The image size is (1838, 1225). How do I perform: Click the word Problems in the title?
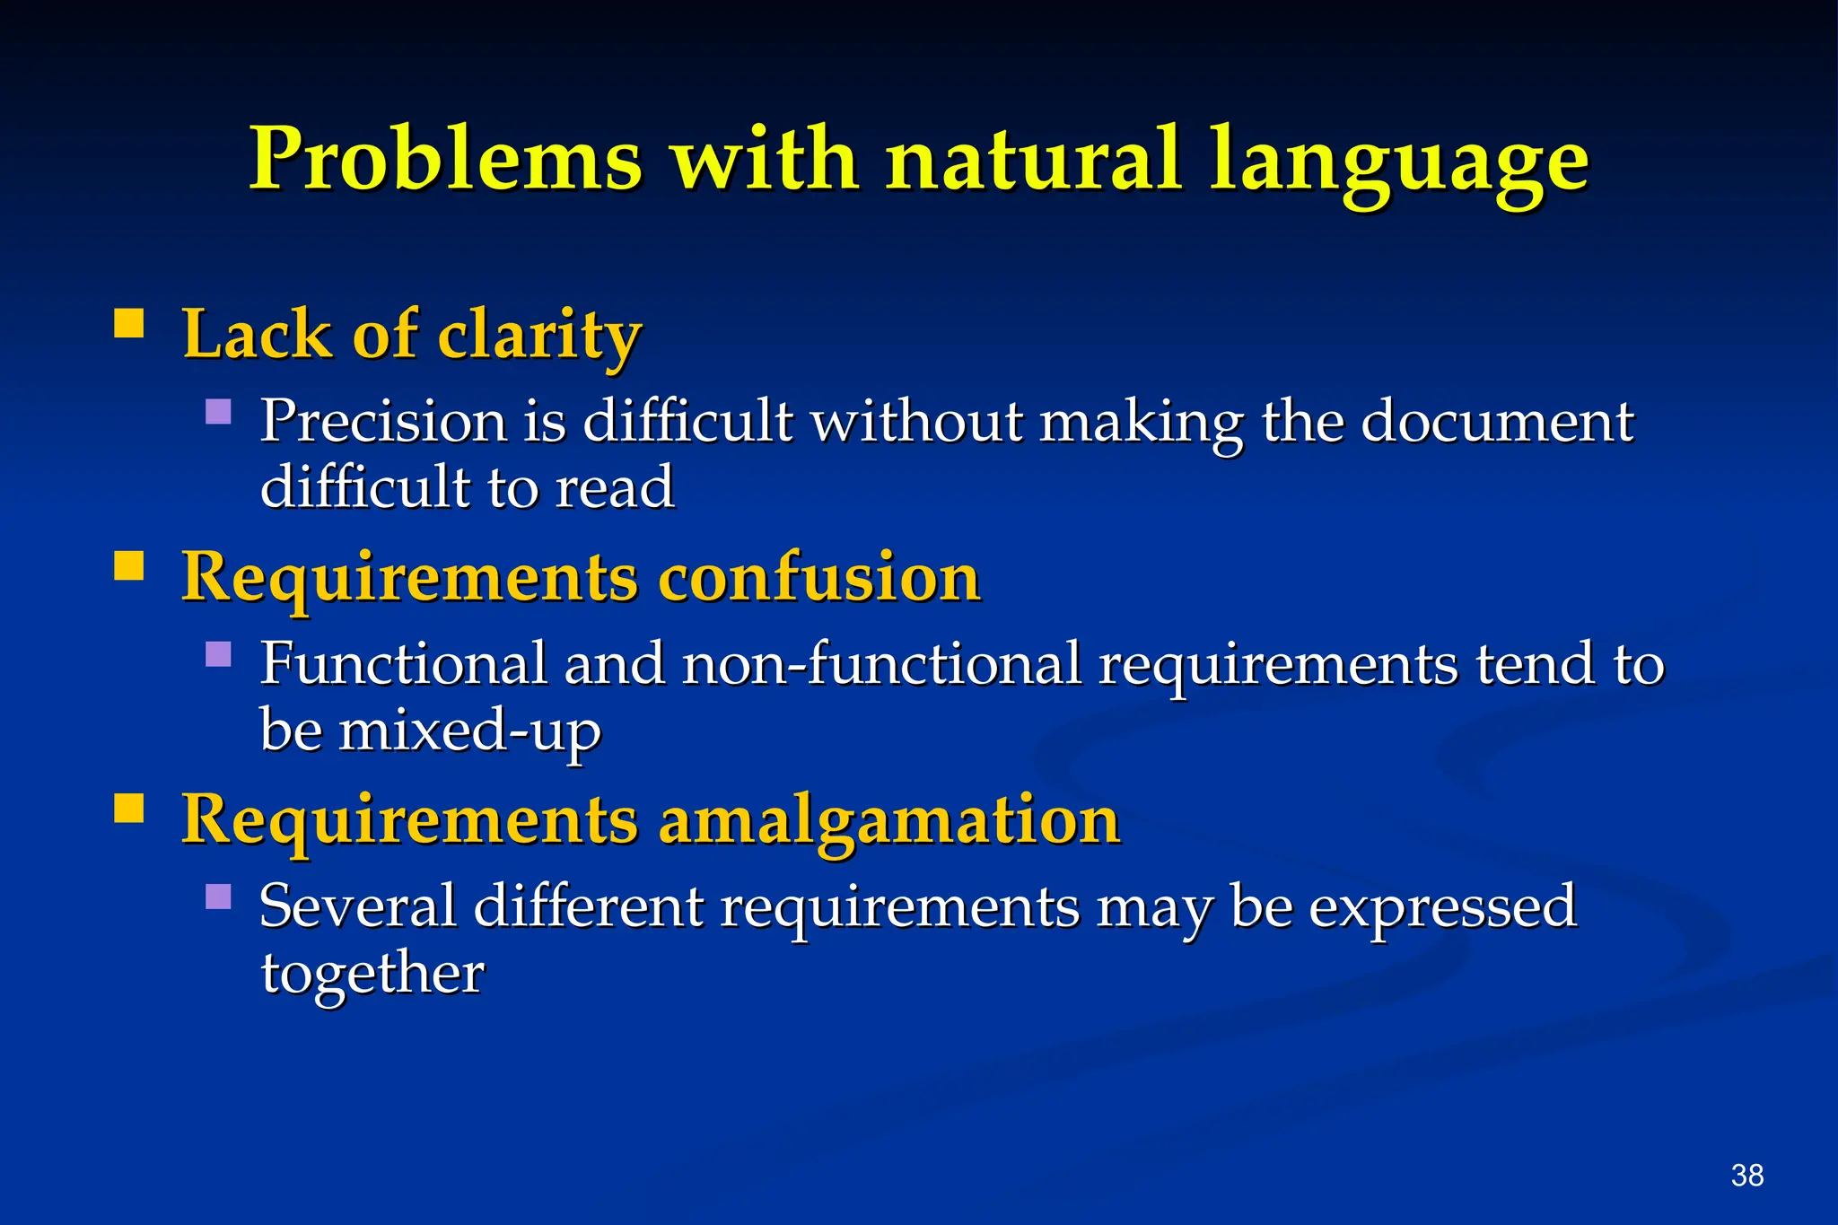pos(446,160)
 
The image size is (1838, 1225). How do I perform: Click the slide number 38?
pos(1746,1175)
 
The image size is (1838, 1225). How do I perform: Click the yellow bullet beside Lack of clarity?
pos(129,323)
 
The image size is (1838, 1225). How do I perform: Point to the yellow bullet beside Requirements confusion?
pos(129,566)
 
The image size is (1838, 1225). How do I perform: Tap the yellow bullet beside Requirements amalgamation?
pos(129,808)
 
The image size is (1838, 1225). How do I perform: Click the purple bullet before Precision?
pos(218,411)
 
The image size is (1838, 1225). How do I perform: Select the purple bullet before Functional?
pos(218,653)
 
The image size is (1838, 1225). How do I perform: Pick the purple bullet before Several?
pos(218,897)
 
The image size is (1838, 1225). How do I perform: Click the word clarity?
pos(539,336)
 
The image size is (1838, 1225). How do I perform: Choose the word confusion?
pos(818,577)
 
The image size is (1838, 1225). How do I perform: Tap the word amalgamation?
pos(889,820)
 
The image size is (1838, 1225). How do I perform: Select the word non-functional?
pos(881,664)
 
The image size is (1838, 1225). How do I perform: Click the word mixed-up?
pos(469,731)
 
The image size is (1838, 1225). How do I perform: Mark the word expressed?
pos(1441,906)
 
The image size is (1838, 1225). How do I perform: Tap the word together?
pos(372,973)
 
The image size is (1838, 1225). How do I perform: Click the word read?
pos(615,487)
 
